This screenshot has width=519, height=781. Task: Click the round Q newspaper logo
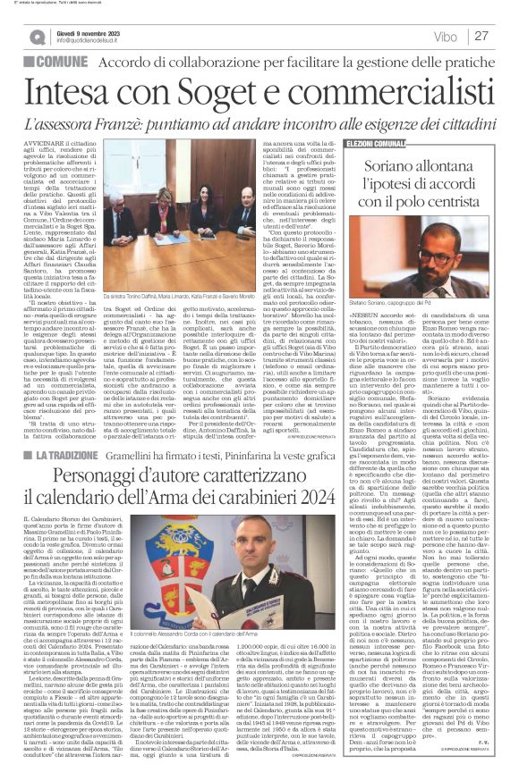coord(38,36)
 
